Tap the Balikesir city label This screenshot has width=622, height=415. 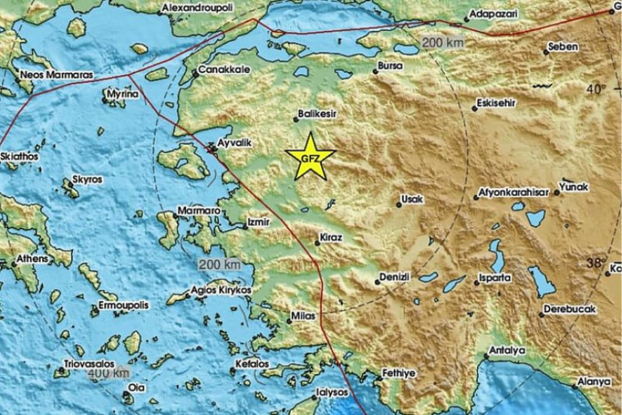pyautogui.click(x=318, y=114)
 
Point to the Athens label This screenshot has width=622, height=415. pyautogui.click(x=33, y=259)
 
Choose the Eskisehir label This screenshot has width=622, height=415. pyautogui.click(x=498, y=104)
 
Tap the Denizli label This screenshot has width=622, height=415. pyautogui.click(x=395, y=277)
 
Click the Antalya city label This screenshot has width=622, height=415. pyautogui.click(x=506, y=351)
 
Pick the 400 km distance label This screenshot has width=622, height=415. pyautogui.click(x=108, y=373)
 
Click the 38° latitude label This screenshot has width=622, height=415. pyautogui.click(x=595, y=262)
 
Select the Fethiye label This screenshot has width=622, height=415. pyautogui.click(x=397, y=374)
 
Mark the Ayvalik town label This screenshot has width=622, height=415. pyautogui.click(x=234, y=143)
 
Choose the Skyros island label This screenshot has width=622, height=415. pyautogui.click(x=88, y=180)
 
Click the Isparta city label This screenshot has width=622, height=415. pyautogui.click(x=494, y=277)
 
